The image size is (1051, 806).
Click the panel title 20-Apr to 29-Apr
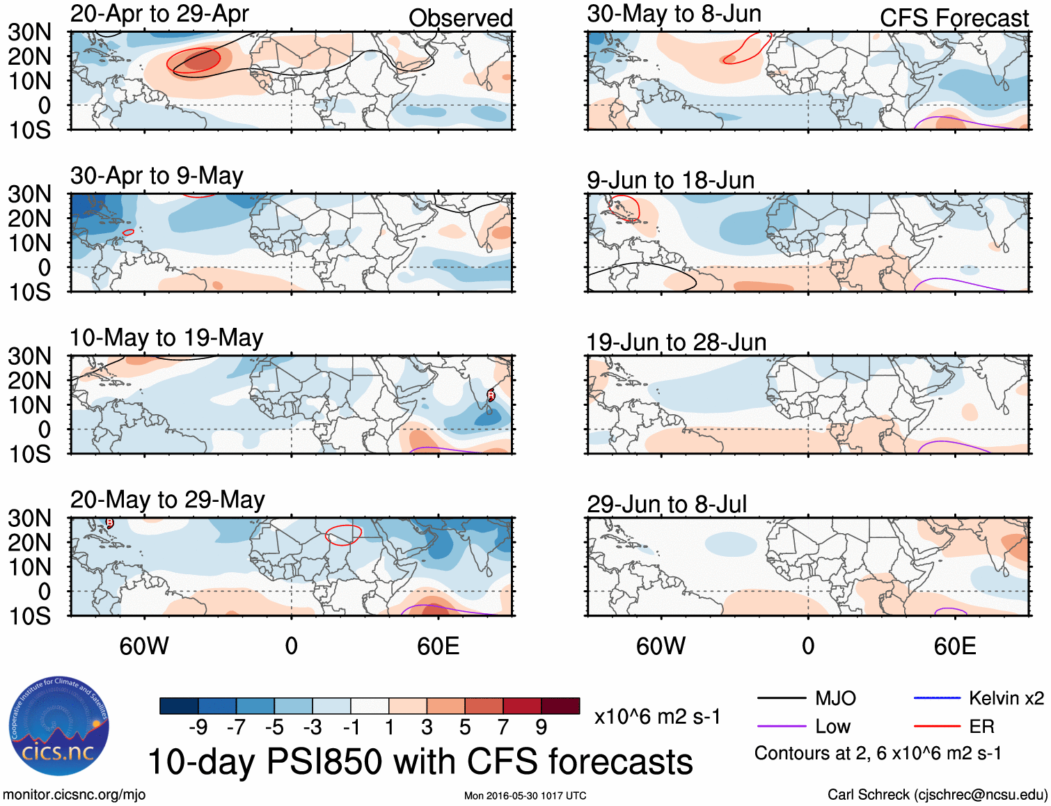click(159, 13)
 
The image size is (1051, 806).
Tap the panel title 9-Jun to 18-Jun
click(670, 180)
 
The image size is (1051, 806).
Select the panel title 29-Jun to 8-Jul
click(666, 504)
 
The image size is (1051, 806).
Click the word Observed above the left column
click(460, 18)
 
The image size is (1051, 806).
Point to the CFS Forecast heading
click(954, 18)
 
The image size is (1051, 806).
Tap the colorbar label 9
click(541, 727)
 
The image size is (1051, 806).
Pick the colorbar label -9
click(198, 727)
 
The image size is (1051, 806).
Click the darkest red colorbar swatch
click(560, 706)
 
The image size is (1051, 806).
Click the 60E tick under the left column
click(438, 646)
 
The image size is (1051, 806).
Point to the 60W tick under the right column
click(661, 646)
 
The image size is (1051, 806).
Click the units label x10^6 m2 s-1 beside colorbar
click(657, 716)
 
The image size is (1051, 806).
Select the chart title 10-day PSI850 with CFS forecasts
click(420, 761)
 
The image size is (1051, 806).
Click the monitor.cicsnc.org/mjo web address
click(74, 795)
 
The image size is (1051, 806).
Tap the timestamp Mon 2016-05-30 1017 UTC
click(525, 796)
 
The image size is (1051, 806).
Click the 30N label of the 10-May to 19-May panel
click(30, 356)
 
